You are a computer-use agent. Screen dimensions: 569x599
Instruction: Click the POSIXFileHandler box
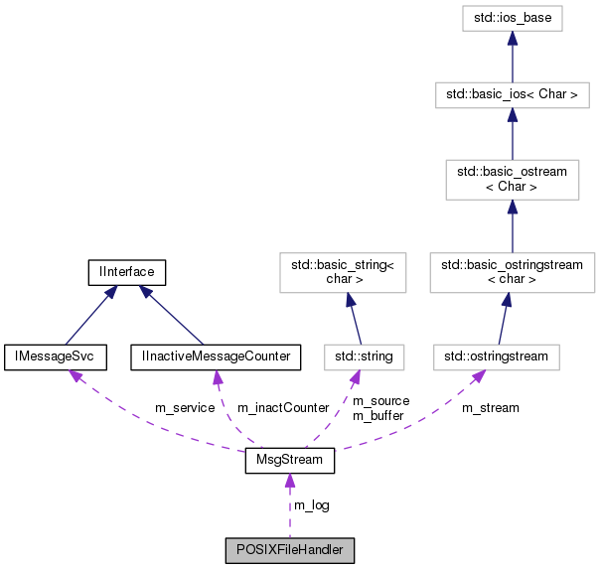tap(289, 549)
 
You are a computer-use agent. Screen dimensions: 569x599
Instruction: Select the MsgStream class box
tap(289, 463)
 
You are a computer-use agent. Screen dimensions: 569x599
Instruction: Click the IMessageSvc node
tap(47, 356)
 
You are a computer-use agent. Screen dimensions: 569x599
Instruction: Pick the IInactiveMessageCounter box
tap(215, 356)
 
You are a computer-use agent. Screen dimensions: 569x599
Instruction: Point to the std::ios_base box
tap(512, 17)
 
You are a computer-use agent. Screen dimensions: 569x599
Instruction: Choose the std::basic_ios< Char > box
tap(512, 95)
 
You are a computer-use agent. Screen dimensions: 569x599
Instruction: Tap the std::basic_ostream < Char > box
tap(512, 180)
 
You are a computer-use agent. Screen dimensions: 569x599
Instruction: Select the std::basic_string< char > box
tap(343, 271)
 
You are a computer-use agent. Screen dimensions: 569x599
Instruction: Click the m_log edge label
tap(311, 505)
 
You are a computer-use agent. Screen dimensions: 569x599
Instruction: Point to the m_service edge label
tap(184, 408)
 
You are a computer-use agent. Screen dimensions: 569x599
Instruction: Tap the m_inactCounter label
tap(282, 408)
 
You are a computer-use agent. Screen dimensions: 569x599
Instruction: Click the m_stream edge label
tap(491, 408)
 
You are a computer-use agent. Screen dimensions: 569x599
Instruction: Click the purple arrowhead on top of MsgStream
tap(289, 482)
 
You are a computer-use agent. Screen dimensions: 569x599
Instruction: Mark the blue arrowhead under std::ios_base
tap(512, 37)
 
